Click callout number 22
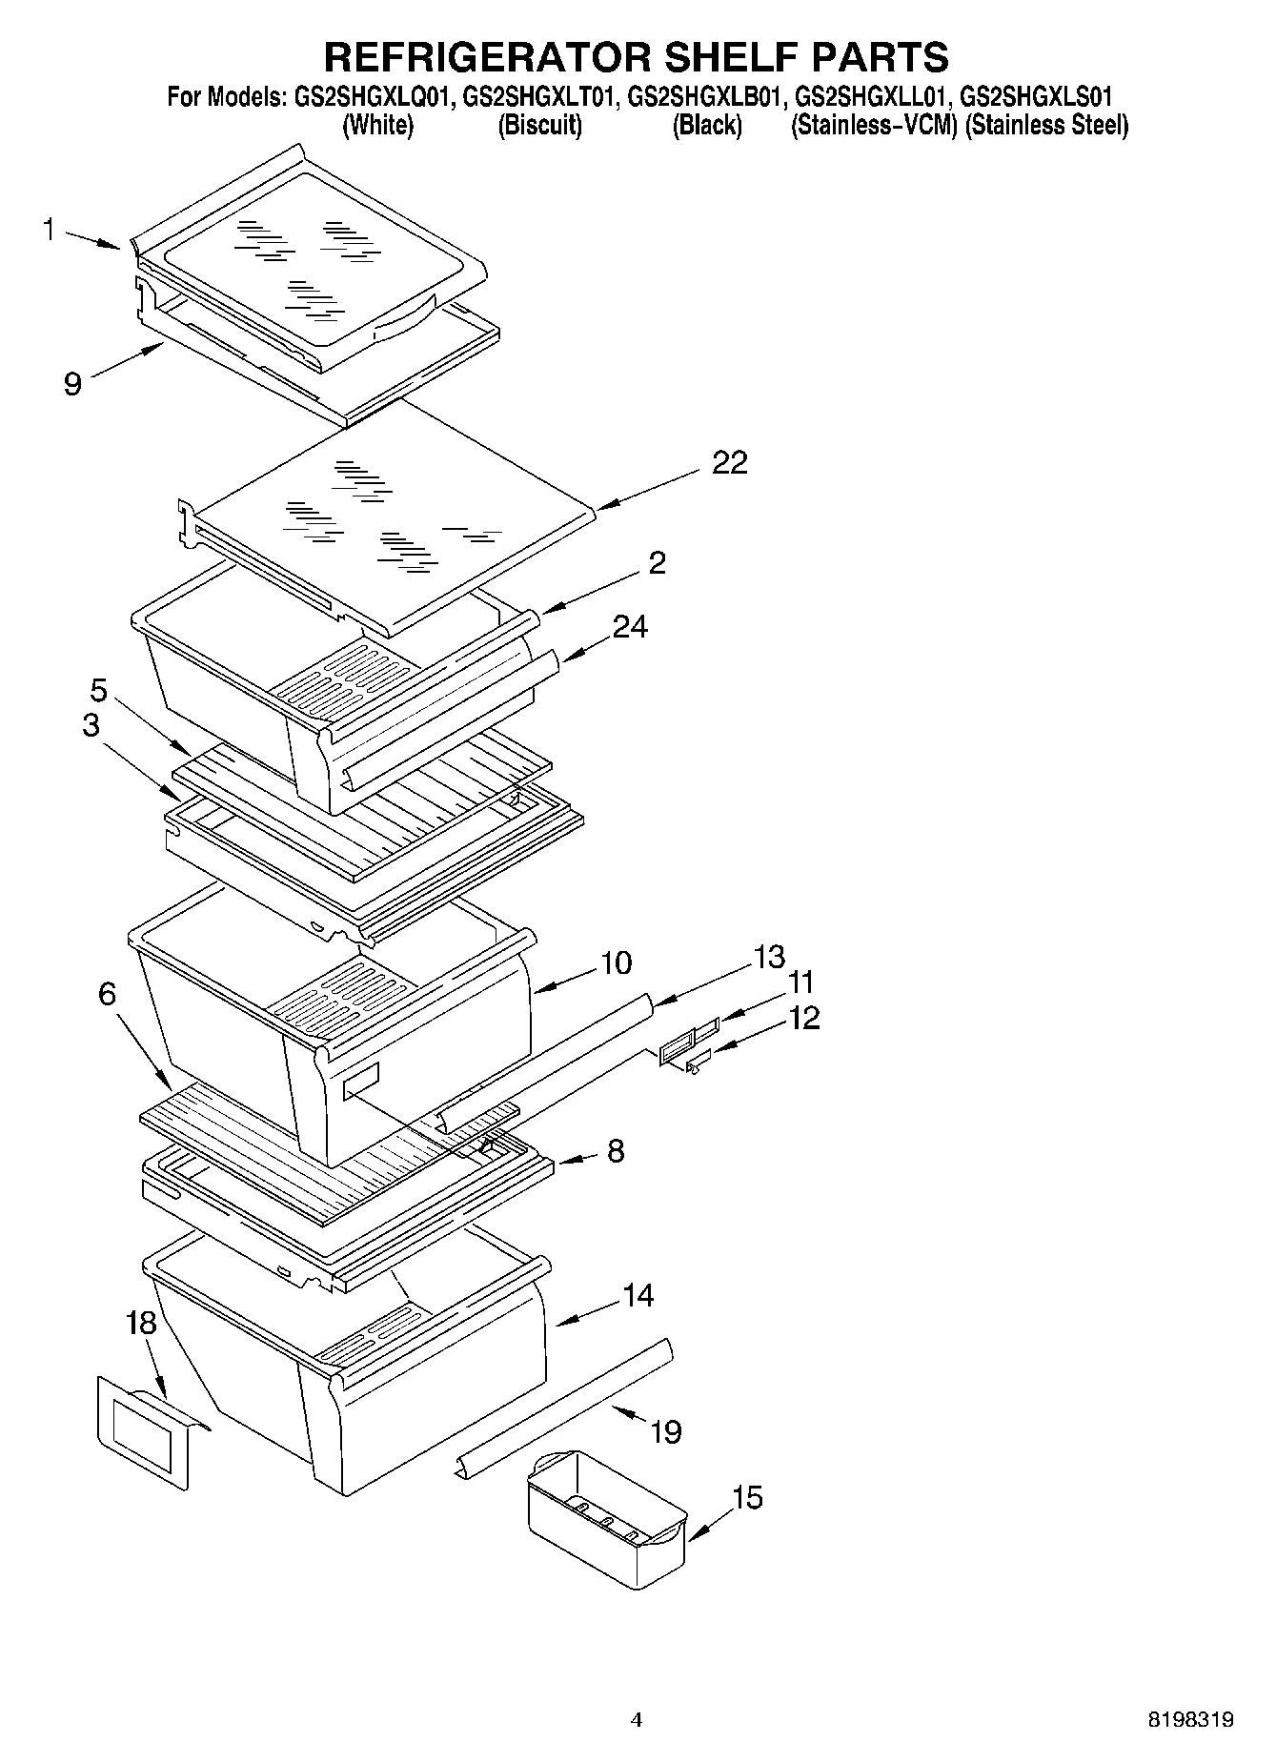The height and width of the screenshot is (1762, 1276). [x=730, y=463]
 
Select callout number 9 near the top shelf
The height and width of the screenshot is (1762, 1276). [x=72, y=383]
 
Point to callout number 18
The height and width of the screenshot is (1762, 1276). [x=141, y=1323]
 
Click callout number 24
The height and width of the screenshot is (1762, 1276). [x=630, y=626]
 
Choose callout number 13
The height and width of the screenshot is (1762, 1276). [x=769, y=956]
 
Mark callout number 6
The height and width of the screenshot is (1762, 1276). [x=107, y=994]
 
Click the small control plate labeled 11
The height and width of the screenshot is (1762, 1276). [x=688, y=1041]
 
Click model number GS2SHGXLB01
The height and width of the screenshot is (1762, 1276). [x=706, y=96]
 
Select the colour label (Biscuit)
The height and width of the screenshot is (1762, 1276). [x=540, y=125]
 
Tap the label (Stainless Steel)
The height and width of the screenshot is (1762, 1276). [x=1046, y=125]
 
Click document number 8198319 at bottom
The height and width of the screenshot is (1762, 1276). [x=1190, y=1720]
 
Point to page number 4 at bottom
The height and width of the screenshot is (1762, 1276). [x=637, y=1720]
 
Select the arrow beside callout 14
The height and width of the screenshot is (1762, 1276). [x=579, y=1314]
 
